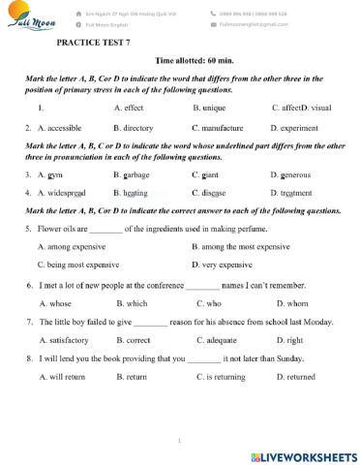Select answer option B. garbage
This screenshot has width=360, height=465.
[131, 174]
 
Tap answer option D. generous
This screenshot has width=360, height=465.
[294, 174]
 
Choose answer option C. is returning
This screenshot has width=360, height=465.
[225, 377]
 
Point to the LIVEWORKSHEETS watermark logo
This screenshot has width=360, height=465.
[302, 455]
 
